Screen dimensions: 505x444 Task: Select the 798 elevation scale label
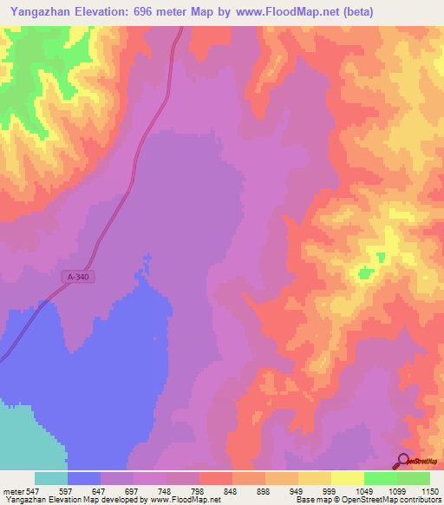[199, 490]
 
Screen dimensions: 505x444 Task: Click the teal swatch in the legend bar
[50, 478]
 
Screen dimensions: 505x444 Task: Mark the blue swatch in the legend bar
[83, 478]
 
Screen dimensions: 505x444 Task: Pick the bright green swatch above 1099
[380, 478]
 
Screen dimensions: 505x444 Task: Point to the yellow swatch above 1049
[347, 478]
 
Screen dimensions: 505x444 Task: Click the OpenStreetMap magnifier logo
[403, 462]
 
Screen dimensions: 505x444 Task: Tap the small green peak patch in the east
[365, 273]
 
